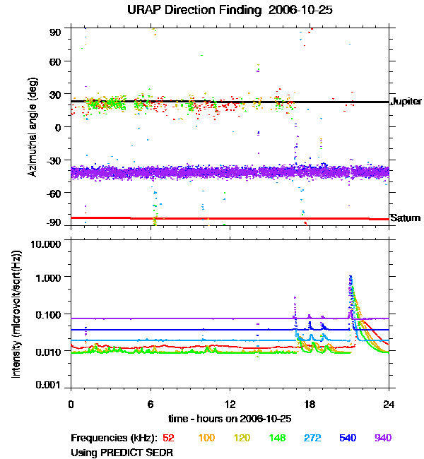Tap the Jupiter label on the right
tap(406, 102)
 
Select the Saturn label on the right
tap(406, 218)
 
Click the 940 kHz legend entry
tap(382, 439)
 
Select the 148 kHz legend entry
tap(276, 439)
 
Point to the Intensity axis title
tap(16, 314)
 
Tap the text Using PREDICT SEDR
tap(122, 452)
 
